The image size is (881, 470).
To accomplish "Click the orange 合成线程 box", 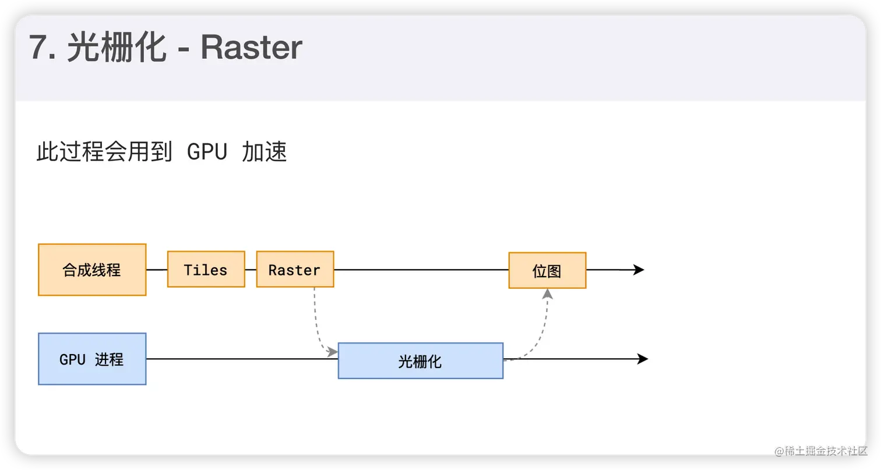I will pyautogui.click(x=92, y=270).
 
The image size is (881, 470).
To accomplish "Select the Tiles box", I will pyautogui.click(x=206, y=270).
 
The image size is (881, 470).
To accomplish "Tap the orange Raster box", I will pyautogui.click(x=295, y=270).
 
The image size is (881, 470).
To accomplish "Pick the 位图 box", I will pyautogui.click(x=547, y=270).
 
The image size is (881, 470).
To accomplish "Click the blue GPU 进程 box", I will pyautogui.click(x=92, y=359).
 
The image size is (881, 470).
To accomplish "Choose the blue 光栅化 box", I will pyautogui.click(x=420, y=361).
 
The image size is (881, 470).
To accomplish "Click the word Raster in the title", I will pyautogui.click(x=252, y=48).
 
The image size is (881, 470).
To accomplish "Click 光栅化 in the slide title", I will pyautogui.click(x=117, y=48).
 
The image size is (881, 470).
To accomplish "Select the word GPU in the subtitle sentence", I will pyautogui.click(x=206, y=153).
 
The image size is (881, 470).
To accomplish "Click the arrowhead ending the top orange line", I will pyautogui.click(x=639, y=270).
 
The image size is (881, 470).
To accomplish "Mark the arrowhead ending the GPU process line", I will pyautogui.click(x=643, y=359).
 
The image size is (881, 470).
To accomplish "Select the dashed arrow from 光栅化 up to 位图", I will pyautogui.click(x=539, y=332).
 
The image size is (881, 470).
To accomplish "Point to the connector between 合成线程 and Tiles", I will pyautogui.click(x=157, y=270).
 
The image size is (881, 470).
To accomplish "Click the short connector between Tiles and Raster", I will pyautogui.click(x=251, y=270).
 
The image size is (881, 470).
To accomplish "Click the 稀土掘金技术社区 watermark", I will pyautogui.click(x=820, y=450).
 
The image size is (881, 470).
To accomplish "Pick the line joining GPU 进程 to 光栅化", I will pyautogui.click(x=242, y=359).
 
